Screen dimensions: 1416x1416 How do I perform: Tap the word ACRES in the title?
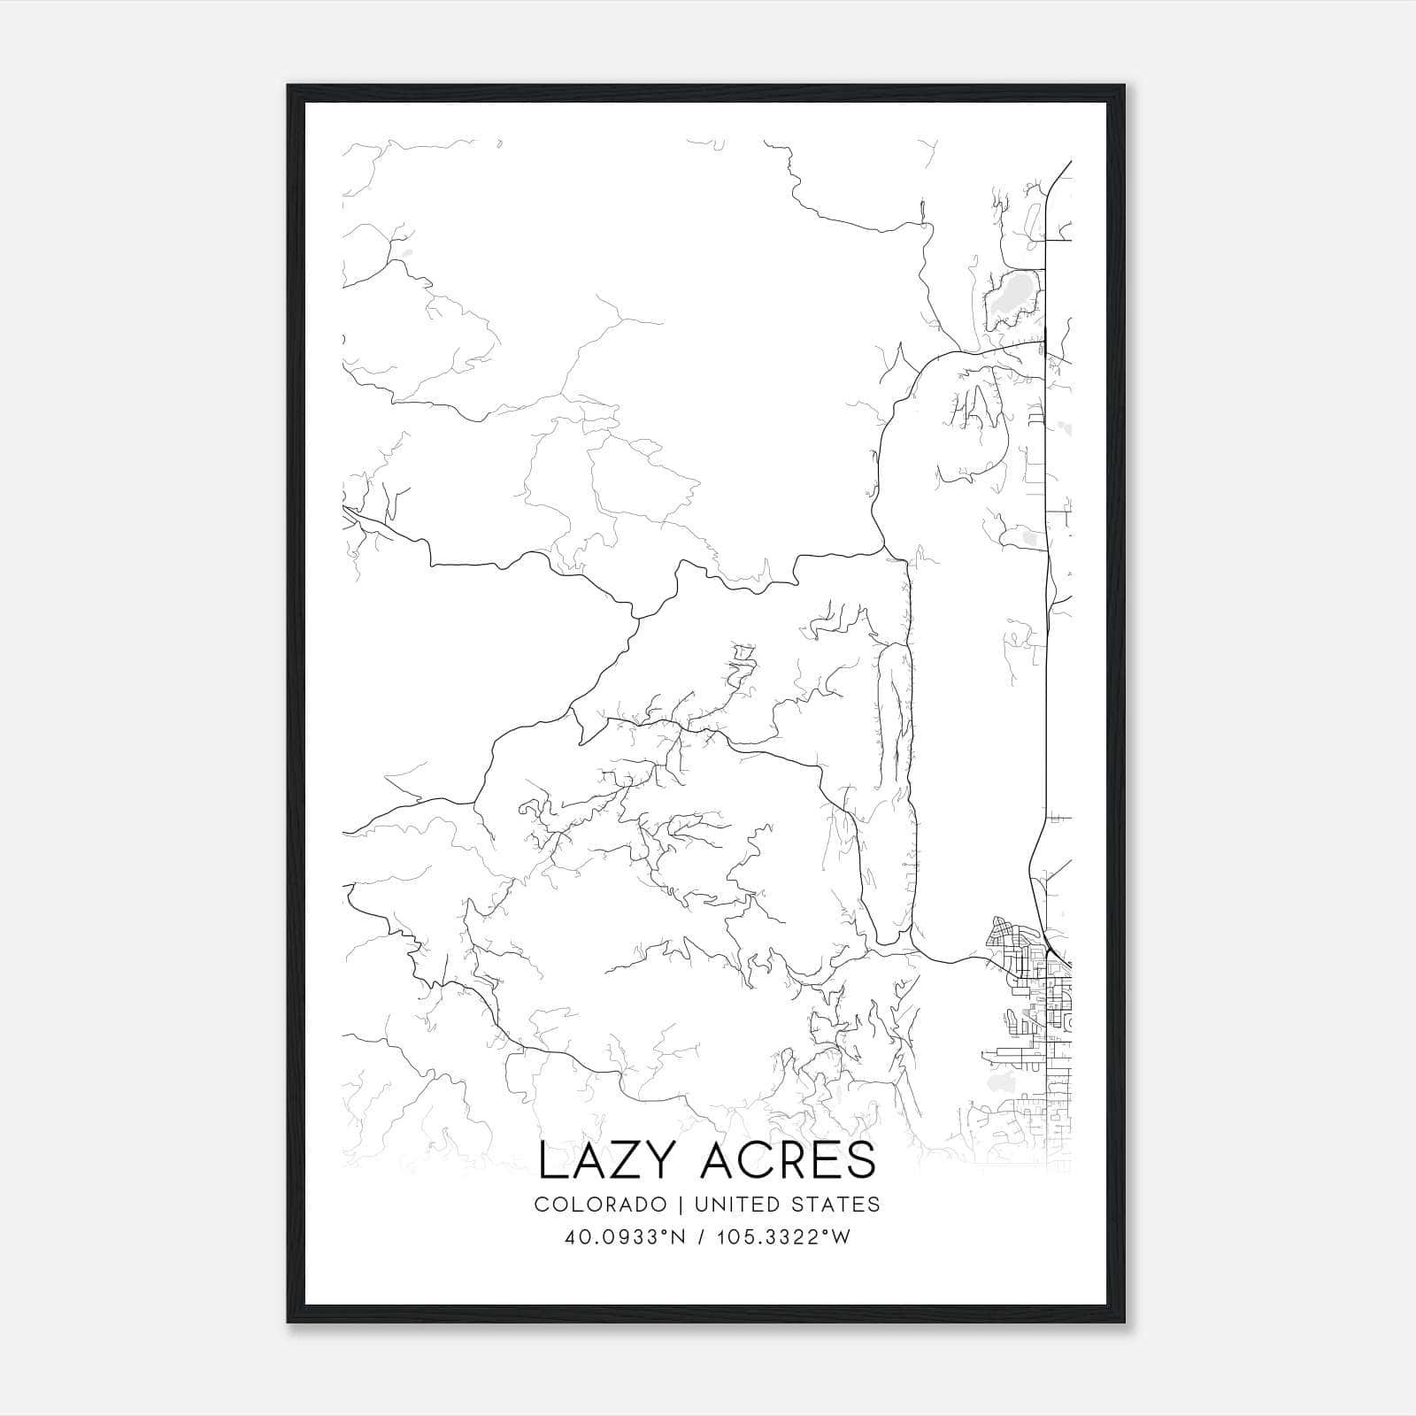pos(787,1161)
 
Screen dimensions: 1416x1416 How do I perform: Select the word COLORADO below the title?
pos(601,1204)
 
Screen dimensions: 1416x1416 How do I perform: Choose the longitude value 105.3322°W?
pos(784,1237)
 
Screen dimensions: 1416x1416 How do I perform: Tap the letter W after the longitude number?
pos(840,1237)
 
